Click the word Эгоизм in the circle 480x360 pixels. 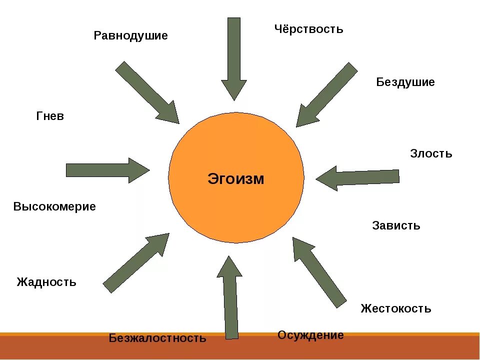pyautogui.click(x=235, y=178)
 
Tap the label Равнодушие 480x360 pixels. pyautogui.click(x=130, y=36)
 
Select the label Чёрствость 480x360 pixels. pyautogui.click(x=308, y=29)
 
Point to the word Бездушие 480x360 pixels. pyautogui.click(x=405, y=82)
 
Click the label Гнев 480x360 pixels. pyautogui.click(x=50, y=116)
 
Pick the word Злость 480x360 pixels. pyautogui.click(x=431, y=153)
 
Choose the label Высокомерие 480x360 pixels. pyautogui.click(x=54, y=206)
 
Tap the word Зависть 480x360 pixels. pyautogui.click(x=396, y=225)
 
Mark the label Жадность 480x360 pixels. pyautogui.click(x=46, y=282)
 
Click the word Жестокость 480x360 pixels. pyautogui.click(x=395, y=308)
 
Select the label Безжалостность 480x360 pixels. pyautogui.click(x=157, y=338)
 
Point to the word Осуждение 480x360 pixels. pyautogui.click(x=310, y=335)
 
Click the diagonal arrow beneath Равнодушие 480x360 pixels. pyautogui.click(x=147, y=92)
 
